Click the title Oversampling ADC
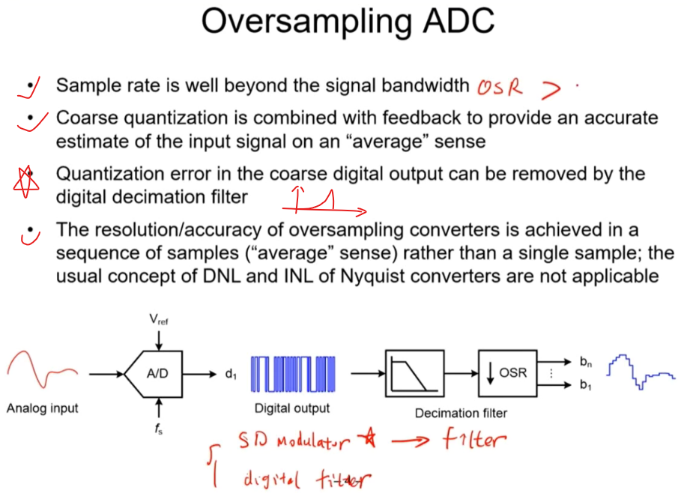(x=348, y=22)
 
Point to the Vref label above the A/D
(x=158, y=319)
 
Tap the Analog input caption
(x=42, y=408)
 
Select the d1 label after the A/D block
(x=231, y=373)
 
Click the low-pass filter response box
(x=411, y=372)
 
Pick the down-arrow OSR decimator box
(x=507, y=372)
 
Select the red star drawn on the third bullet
(x=28, y=182)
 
